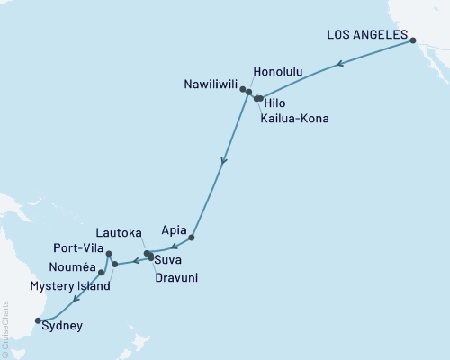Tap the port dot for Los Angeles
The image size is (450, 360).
tap(413, 40)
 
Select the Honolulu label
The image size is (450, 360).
tap(278, 71)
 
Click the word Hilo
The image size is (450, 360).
tap(280, 103)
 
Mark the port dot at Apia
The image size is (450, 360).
tap(192, 238)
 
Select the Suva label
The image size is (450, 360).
tap(168, 261)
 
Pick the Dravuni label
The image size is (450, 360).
tap(175, 278)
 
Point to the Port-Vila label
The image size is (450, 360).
tap(77, 249)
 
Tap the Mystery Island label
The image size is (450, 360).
tap(70, 286)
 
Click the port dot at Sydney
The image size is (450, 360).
tap(37, 319)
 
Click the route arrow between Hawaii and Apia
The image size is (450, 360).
tap(223, 162)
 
